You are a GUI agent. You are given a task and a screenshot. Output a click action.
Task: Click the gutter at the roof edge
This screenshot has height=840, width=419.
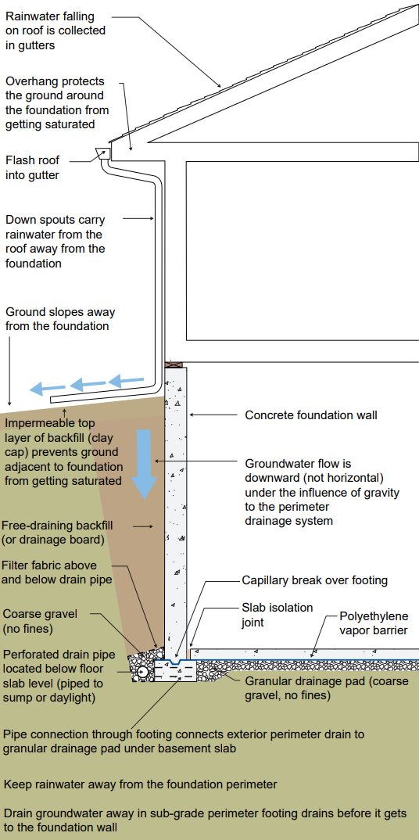(102, 153)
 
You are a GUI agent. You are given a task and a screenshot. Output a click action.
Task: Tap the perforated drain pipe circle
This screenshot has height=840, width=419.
(141, 671)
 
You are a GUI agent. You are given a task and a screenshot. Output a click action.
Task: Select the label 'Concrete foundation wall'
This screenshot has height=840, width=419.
(311, 415)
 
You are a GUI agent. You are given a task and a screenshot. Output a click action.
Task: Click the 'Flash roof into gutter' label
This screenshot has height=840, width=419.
(33, 167)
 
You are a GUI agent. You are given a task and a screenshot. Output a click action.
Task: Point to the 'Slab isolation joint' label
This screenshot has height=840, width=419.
(278, 615)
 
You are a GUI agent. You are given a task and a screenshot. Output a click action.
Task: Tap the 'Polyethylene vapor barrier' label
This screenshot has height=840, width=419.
(374, 623)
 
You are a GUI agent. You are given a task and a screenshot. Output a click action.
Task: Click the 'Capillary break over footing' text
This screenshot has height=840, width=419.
(315, 580)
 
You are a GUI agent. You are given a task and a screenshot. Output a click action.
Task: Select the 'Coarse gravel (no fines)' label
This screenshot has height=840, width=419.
(40, 620)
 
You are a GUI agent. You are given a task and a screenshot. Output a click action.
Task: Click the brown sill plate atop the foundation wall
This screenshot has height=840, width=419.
(175, 364)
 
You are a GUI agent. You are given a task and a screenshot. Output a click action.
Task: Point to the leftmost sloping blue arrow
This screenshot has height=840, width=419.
(47, 388)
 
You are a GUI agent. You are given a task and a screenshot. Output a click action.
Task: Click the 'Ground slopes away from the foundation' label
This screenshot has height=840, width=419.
(60, 319)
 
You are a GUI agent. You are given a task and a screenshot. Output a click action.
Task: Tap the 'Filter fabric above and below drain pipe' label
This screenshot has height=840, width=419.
(57, 573)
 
